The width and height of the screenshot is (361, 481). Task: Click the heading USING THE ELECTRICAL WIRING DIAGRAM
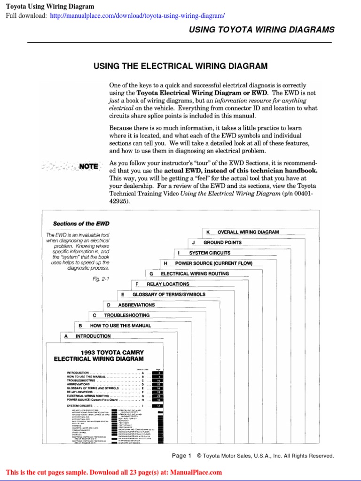180,66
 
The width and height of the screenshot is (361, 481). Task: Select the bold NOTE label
88,166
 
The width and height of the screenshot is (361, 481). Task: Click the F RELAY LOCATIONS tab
163,284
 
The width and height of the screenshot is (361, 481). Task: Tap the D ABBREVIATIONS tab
131,305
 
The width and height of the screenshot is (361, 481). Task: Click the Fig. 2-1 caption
101,279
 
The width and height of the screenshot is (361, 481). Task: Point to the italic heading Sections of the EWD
80,224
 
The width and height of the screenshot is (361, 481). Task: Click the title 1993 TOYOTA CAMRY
112,352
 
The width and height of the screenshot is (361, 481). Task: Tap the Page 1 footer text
182,456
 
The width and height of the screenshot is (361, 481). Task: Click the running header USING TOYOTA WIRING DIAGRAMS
261,30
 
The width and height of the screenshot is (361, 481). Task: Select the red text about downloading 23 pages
114,473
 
